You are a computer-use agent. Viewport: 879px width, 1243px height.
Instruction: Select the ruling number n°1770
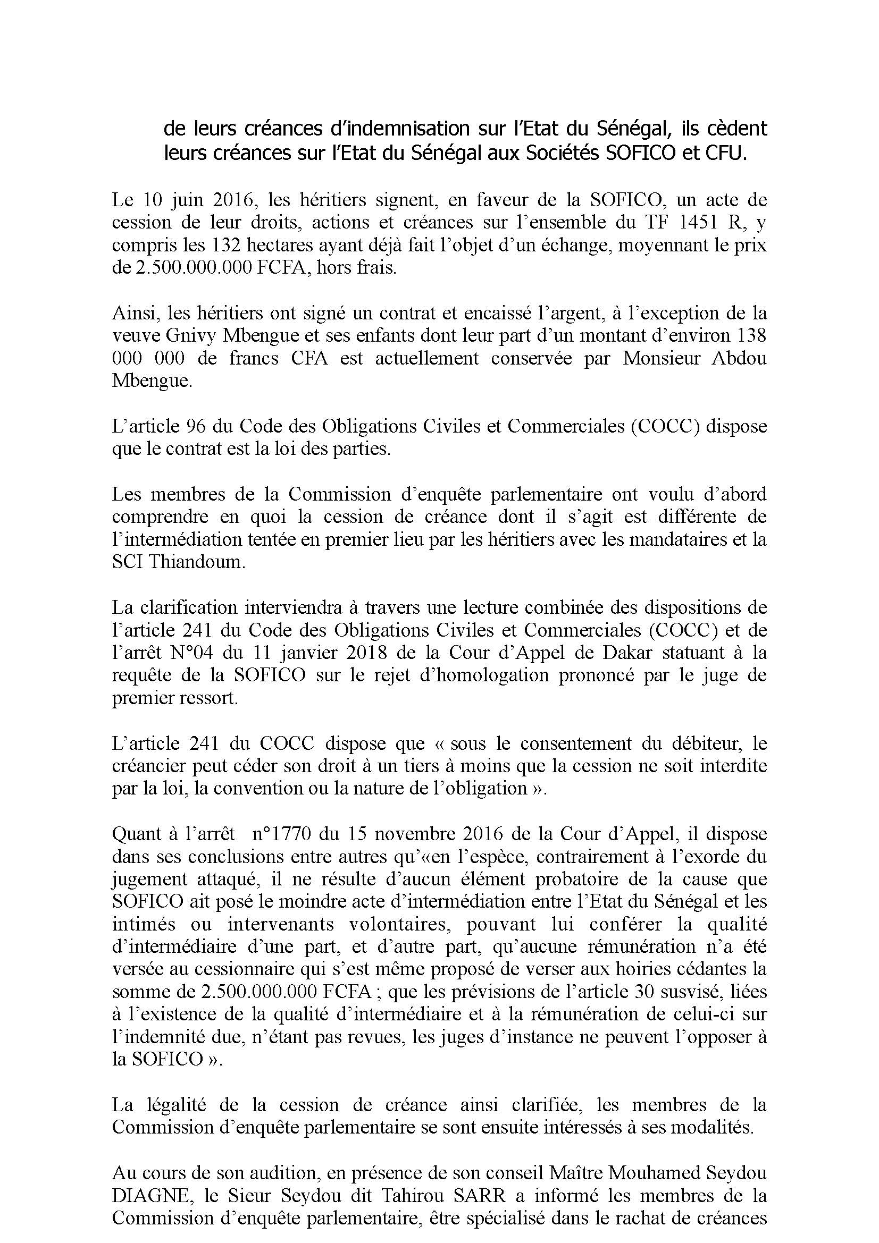tap(281, 834)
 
